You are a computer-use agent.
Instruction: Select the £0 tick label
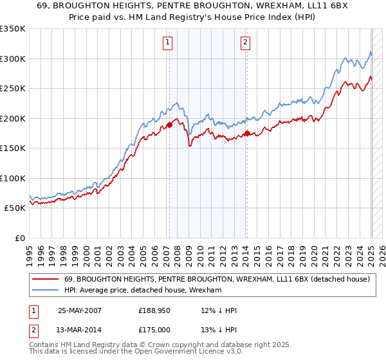(19, 238)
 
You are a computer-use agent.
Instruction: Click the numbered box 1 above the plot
(167, 43)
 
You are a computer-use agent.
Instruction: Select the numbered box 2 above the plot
(246, 43)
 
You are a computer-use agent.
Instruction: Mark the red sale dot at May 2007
(169, 125)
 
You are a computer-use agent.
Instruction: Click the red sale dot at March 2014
(247, 133)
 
